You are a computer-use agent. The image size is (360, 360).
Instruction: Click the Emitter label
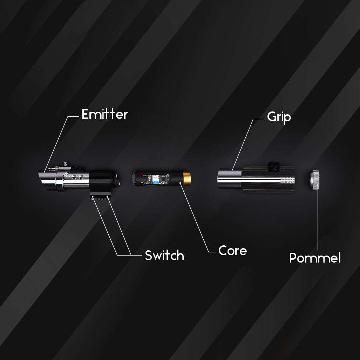105,114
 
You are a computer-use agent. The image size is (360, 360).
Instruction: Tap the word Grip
279,117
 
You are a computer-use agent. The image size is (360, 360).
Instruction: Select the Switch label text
164,255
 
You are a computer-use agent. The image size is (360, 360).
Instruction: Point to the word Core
232,251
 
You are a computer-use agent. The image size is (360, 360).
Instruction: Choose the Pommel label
315,258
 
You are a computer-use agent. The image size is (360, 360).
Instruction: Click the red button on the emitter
74,177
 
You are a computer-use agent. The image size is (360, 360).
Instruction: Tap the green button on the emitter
81,177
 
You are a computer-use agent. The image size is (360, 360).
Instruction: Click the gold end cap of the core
187,178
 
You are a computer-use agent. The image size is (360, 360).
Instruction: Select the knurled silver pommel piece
314,179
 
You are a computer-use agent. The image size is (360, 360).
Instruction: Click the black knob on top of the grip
273,166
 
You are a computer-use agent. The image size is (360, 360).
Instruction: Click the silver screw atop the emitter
66,164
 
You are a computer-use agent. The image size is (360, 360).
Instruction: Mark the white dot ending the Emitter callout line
45,171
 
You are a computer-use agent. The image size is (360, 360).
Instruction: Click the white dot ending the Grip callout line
232,170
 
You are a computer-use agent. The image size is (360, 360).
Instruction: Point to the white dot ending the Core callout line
180,183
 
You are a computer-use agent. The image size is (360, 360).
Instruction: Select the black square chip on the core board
164,179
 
